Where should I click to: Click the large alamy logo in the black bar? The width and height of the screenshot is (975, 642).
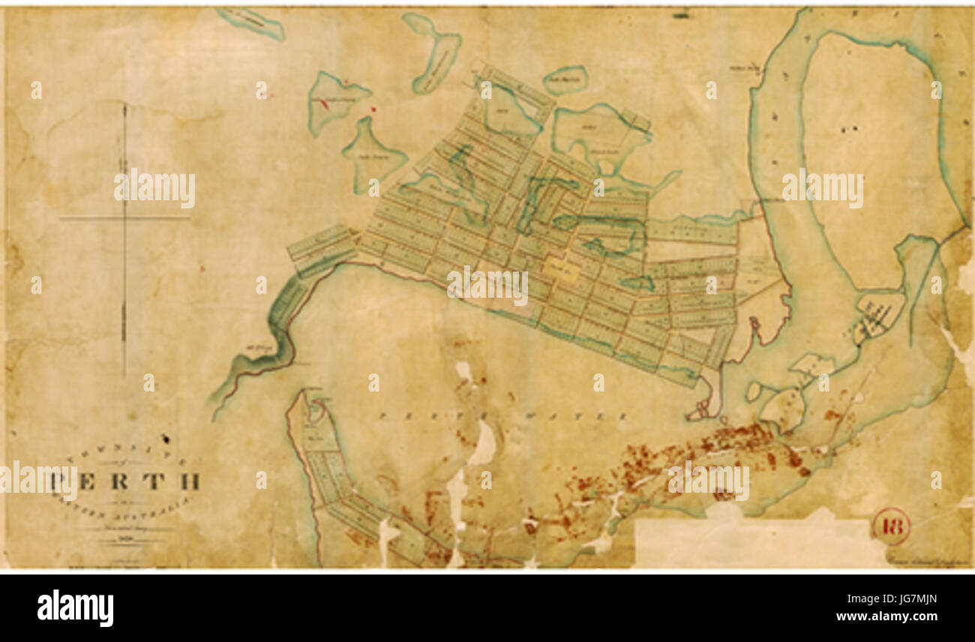(75, 607)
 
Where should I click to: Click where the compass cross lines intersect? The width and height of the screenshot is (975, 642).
(124, 218)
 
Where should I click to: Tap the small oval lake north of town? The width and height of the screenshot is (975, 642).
(565, 79)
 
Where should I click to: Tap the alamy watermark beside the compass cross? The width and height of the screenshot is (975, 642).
(154, 189)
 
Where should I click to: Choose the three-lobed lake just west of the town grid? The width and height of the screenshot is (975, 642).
(373, 154)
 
